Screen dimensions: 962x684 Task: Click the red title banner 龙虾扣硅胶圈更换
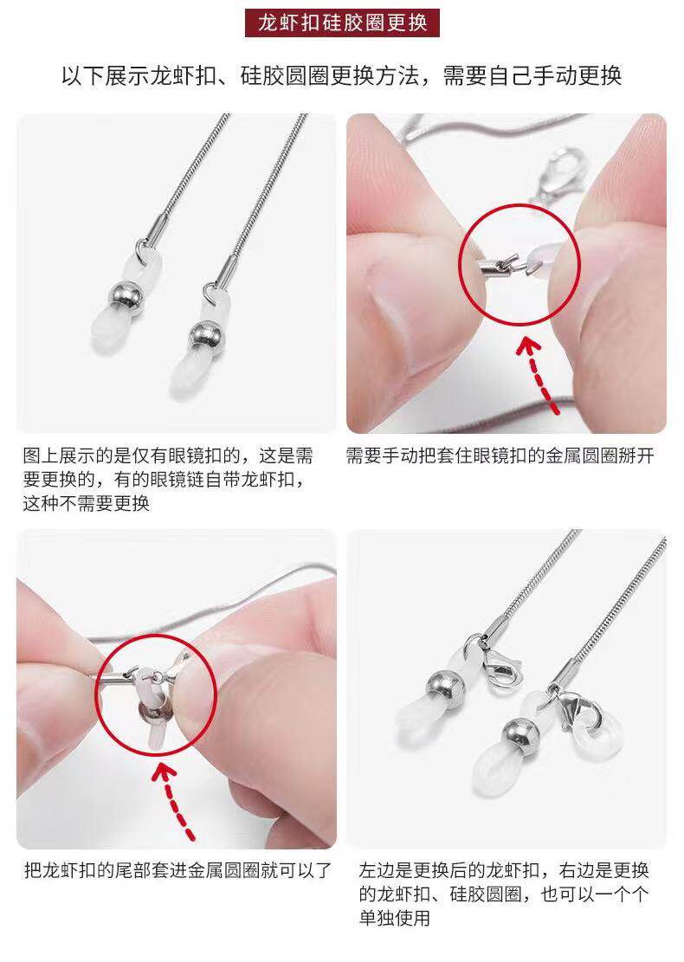pyautogui.click(x=342, y=21)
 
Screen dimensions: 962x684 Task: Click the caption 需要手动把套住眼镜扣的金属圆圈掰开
pyautogui.click(x=500, y=455)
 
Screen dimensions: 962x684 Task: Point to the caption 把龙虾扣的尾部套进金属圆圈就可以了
pyautogui.click(x=177, y=870)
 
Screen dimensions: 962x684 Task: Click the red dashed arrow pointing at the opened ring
pyautogui.click(x=543, y=373)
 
